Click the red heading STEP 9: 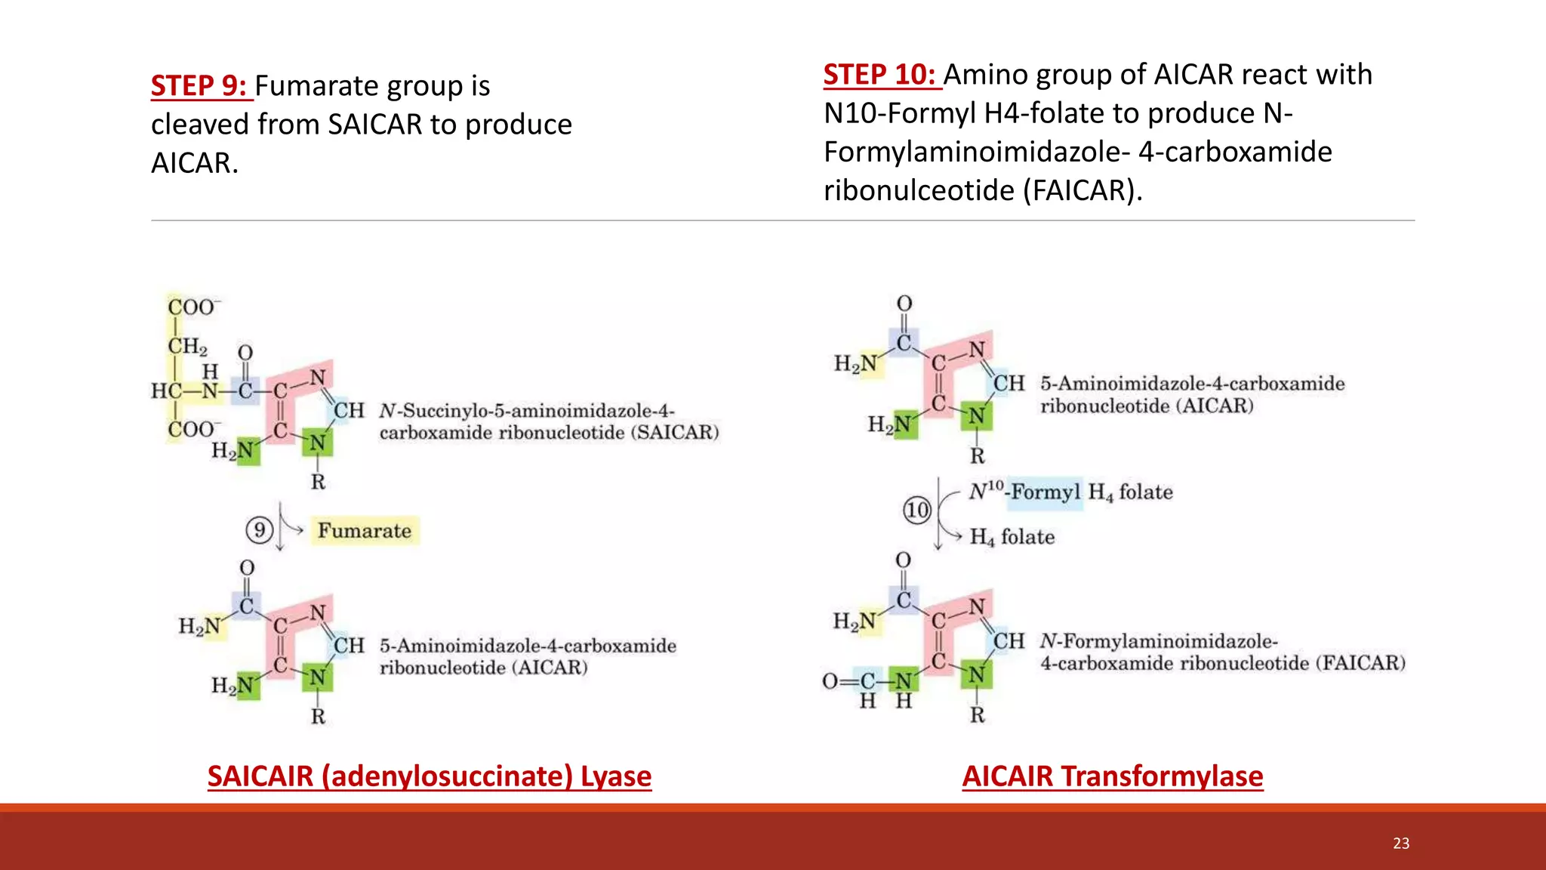click(199, 86)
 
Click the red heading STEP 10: click(879, 75)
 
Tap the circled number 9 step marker click(259, 530)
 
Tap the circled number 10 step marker click(917, 510)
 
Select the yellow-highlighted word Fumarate click(364, 531)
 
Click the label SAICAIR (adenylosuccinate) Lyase click(429, 776)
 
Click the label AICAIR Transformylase click(1112, 776)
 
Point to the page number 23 click(1401, 844)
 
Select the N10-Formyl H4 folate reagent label click(1070, 492)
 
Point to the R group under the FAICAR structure click(977, 714)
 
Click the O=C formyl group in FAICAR click(848, 681)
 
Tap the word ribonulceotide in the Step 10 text click(919, 190)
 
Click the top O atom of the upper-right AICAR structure click(904, 304)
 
